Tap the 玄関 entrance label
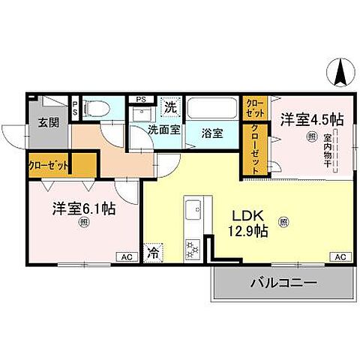point(49,122)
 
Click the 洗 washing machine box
point(172,107)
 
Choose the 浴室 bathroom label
point(212,133)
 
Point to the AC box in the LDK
point(340,257)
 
